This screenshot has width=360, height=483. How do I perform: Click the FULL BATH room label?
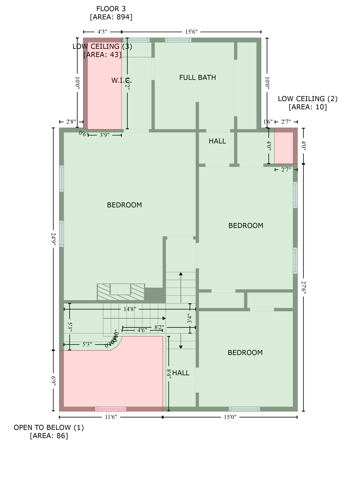pyautogui.click(x=197, y=77)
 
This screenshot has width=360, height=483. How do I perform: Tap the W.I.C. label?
pyautogui.click(x=121, y=80)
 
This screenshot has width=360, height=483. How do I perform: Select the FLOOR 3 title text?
pyautogui.click(x=111, y=9)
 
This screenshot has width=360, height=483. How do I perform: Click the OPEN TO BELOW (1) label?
pyautogui.click(x=49, y=428)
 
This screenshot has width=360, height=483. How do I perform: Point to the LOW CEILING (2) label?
pyautogui.click(x=307, y=99)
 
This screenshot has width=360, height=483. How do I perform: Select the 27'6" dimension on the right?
pyautogui.click(x=303, y=287)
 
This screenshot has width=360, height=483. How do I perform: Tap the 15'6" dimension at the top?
pyautogui.click(x=191, y=32)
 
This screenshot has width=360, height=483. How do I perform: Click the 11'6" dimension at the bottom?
pyautogui.click(x=111, y=417)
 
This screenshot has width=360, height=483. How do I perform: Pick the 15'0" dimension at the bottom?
pyautogui.click(x=230, y=417)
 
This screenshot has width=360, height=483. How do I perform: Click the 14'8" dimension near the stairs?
pyautogui.click(x=130, y=309)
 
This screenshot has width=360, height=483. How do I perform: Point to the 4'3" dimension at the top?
pyautogui.click(x=102, y=32)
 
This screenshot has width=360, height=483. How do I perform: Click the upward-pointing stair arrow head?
pyautogui.click(x=181, y=274)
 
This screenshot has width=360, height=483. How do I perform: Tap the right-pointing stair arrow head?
pyautogui.click(x=164, y=319)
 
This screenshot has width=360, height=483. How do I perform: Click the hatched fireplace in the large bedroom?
pyautogui.click(x=120, y=292)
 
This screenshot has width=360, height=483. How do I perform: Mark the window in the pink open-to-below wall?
pyautogui.click(x=111, y=409)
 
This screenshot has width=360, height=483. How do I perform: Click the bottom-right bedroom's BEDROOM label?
pyautogui.click(x=245, y=353)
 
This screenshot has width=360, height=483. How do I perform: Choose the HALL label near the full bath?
pyautogui.click(x=217, y=141)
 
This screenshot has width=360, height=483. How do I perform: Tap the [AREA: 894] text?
pyautogui.click(x=111, y=17)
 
